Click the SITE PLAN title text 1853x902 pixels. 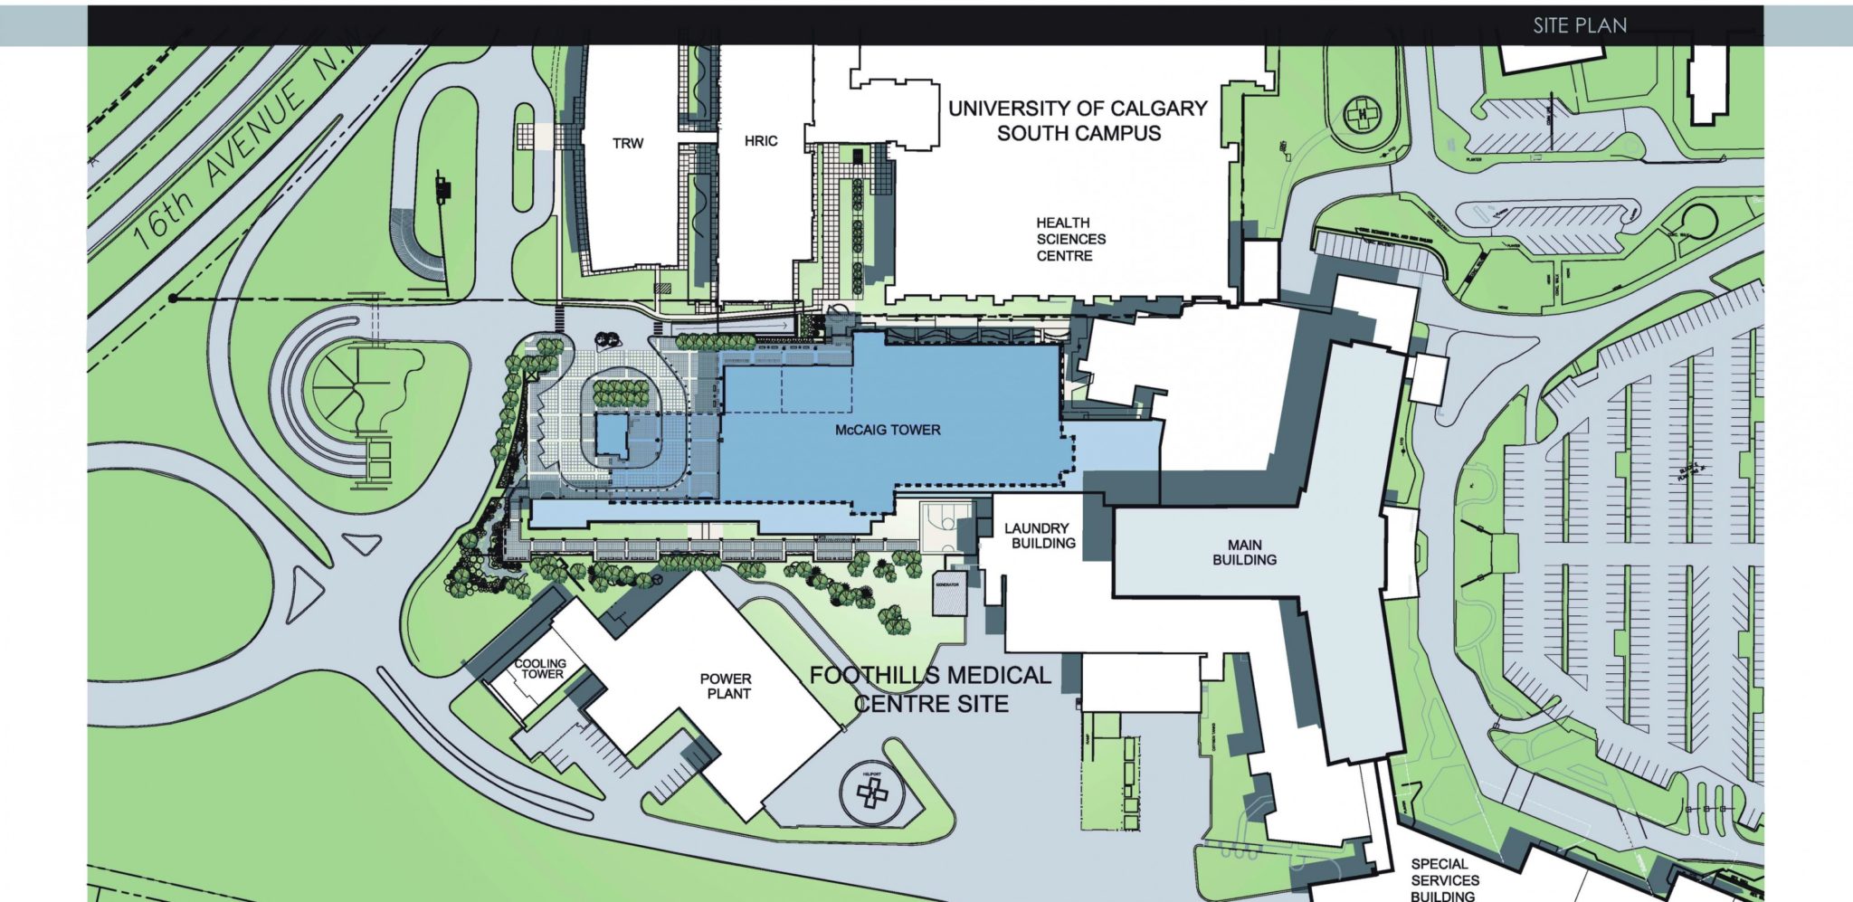[x=1579, y=25]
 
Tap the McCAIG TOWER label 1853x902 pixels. [x=887, y=430]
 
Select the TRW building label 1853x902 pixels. [x=627, y=143]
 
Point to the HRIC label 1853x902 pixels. [x=760, y=141]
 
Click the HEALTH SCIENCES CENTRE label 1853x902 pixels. [x=1070, y=239]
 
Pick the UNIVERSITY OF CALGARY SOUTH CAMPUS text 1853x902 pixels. [x=1078, y=120]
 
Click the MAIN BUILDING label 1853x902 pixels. [x=1244, y=552]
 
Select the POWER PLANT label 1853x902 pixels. [x=727, y=686]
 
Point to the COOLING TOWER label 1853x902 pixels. [x=541, y=669]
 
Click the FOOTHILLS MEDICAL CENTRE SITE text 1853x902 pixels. [x=930, y=689]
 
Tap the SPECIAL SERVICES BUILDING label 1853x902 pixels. [x=1444, y=879]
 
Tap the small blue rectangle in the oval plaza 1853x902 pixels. [x=612, y=437]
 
